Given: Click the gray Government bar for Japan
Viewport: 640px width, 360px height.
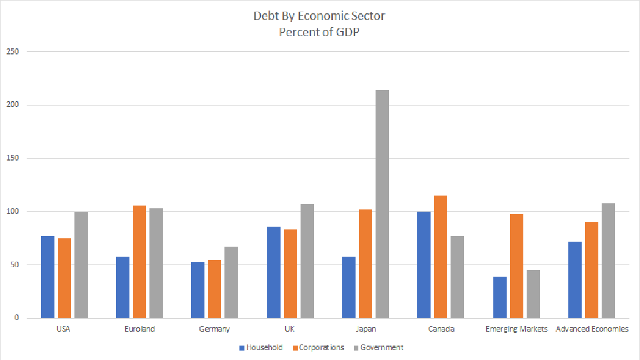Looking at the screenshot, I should click(x=382, y=204).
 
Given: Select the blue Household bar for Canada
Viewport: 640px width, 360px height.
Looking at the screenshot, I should click(x=423, y=264).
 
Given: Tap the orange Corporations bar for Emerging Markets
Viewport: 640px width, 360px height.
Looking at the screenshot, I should click(x=516, y=266).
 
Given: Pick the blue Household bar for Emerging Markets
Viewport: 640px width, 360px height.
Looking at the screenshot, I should click(x=499, y=297).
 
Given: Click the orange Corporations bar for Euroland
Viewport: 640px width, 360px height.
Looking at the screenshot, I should click(x=139, y=262).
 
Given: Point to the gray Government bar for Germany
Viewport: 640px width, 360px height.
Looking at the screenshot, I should click(x=231, y=282).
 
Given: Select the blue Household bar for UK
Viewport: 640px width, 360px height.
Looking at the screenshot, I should click(x=273, y=272).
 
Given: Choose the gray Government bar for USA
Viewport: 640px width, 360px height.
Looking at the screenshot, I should click(x=81, y=265).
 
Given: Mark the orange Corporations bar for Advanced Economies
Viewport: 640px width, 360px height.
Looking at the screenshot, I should click(x=592, y=270).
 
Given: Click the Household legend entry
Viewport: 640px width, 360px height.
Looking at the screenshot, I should click(x=261, y=348).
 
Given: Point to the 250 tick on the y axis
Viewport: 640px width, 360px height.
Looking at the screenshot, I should click(x=12, y=52).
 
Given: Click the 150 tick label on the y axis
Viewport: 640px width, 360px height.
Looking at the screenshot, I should click(x=12, y=158).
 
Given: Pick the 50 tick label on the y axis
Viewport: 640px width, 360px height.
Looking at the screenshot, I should click(x=14, y=265).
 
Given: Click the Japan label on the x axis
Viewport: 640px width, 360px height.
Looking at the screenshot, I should click(x=364, y=329).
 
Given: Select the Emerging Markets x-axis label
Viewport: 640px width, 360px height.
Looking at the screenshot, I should click(x=516, y=329).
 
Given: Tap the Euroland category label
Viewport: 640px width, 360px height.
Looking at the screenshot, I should click(x=139, y=329).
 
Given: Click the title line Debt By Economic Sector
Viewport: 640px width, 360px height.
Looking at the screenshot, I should click(x=319, y=16).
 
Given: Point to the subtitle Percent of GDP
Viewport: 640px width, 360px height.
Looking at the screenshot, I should click(x=319, y=32).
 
